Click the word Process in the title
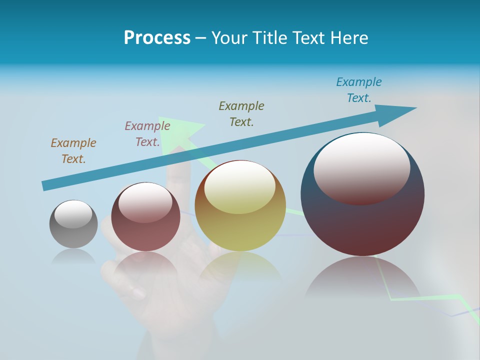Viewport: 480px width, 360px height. coord(157,38)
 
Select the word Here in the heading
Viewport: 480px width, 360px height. coord(348,38)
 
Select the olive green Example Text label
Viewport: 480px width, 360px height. coord(241,113)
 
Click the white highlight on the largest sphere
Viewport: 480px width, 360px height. coord(361,167)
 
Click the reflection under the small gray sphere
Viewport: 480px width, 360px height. coord(73,256)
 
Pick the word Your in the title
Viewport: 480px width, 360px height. coord(228,38)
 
